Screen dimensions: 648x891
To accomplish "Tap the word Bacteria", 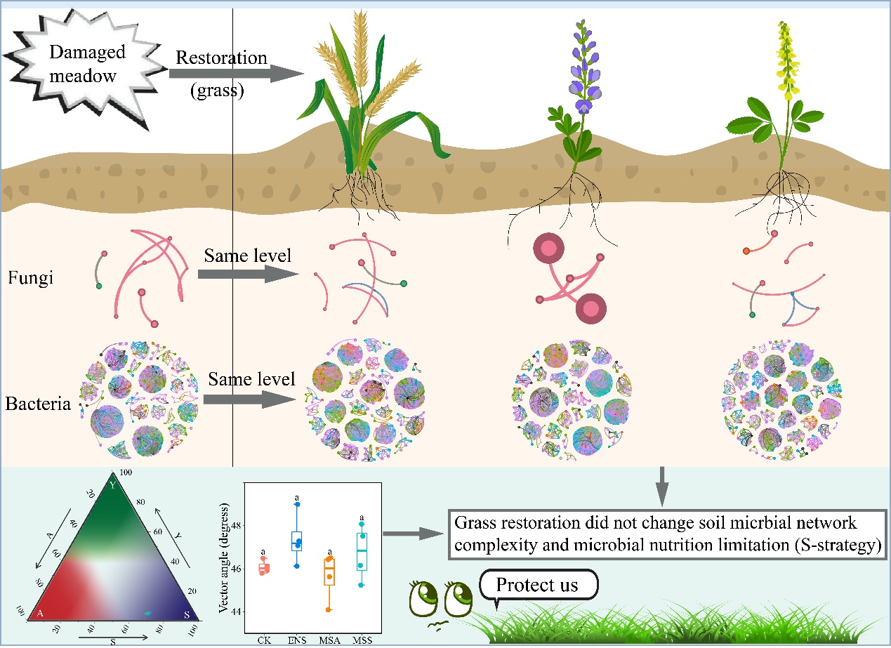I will point(39,404).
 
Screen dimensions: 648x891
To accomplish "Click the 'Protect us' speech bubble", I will point(538,585).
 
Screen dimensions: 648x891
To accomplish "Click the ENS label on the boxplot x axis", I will point(297,640).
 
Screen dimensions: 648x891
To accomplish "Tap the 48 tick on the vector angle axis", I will point(237,525).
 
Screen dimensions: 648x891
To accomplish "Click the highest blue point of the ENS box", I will point(297,504).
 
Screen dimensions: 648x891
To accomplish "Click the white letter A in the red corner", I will point(41,613).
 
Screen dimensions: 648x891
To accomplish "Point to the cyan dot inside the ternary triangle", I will point(147,613).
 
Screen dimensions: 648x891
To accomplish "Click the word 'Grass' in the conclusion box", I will point(472,524).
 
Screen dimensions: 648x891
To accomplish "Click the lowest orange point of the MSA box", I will point(327,609).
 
